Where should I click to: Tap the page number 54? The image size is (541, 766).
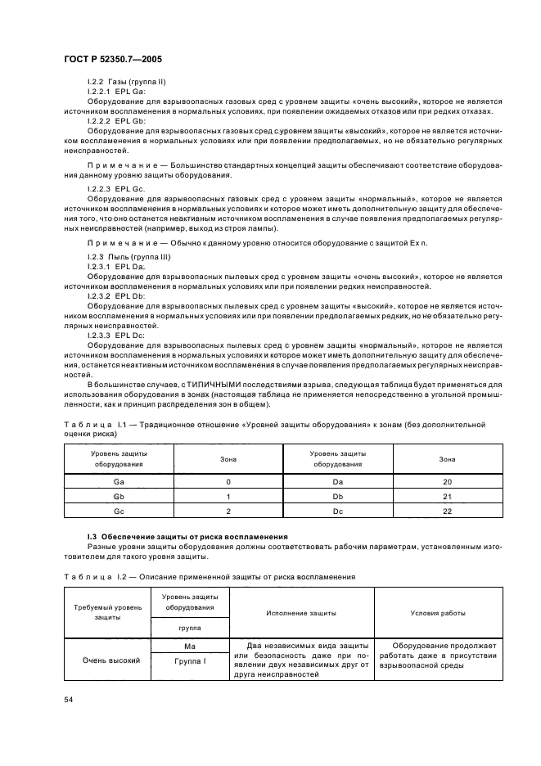(x=69, y=700)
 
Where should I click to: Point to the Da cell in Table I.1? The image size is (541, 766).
(x=337, y=483)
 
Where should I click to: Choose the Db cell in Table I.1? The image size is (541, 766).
(x=337, y=497)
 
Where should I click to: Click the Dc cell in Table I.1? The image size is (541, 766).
(x=337, y=511)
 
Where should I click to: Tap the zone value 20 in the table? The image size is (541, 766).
(x=447, y=483)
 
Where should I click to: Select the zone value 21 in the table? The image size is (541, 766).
(x=447, y=497)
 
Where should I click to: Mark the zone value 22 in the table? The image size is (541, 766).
(x=447, y=511)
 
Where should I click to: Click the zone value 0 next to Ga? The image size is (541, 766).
(x=228, y=483)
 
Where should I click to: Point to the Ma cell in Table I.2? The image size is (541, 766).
(x=189, y=646)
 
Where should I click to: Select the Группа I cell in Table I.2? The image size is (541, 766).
(x=189, y=660)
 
